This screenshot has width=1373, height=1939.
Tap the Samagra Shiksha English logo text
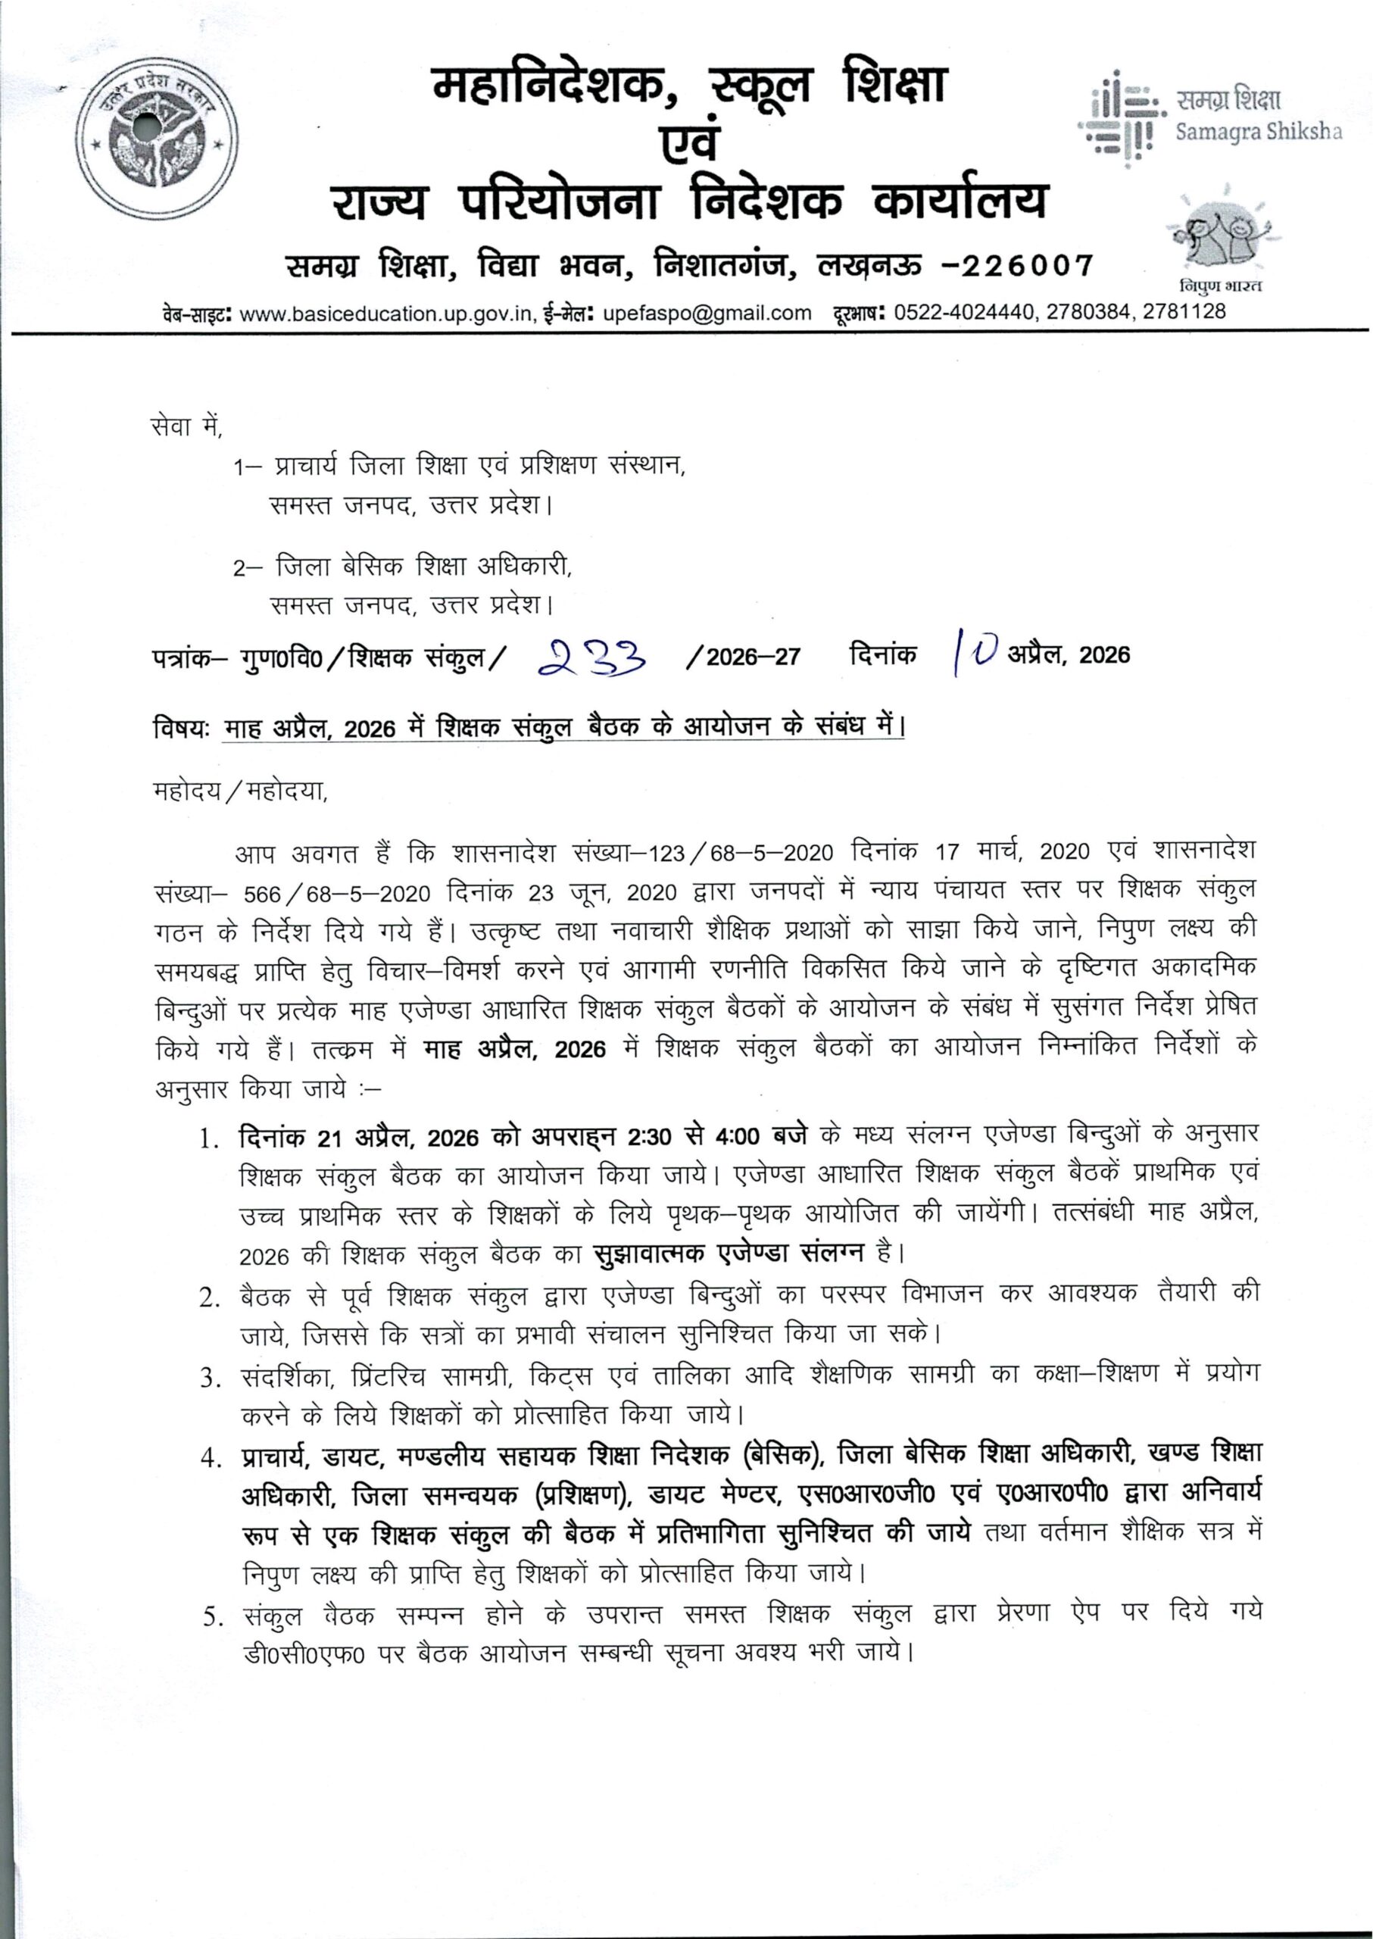click(1258, 133)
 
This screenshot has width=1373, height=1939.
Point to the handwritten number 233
click(594, 654)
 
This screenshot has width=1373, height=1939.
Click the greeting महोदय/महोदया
click(240, 792)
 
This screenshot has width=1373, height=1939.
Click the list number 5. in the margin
click(212, 1616)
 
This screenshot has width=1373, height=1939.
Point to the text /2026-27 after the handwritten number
click(744, 657)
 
